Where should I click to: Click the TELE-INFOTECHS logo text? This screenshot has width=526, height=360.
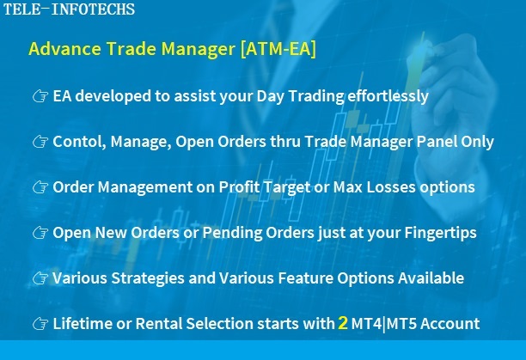point(69,9)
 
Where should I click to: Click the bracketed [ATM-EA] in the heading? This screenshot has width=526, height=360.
point(278,49)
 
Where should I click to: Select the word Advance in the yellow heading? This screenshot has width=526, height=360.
point(64,48)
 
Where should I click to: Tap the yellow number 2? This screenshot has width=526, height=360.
point(343,323)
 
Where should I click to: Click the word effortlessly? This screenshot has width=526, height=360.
point(388,96)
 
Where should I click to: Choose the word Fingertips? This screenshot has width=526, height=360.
point(440,233)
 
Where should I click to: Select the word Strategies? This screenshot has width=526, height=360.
point(148,278)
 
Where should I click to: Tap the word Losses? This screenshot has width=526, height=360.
point(391,187)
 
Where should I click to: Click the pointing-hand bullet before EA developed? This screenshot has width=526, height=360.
point(40,96)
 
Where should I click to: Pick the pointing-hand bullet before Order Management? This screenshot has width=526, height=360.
point(40,187)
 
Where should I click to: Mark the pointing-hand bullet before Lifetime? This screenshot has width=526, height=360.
point(40,323)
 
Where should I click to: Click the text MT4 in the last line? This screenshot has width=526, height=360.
point(366,323)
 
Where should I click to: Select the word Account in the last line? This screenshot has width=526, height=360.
point(450,323)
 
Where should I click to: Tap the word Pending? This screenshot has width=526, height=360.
point(232,233)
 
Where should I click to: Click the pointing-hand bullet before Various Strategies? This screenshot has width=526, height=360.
point(40,278)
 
